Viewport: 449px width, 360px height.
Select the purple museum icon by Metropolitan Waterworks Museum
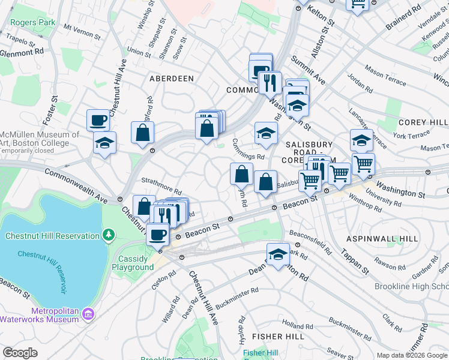click(x=89, y=314)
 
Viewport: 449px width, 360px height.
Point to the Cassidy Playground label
click(x=133, y=263)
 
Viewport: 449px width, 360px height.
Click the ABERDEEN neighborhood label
click(x=172, y=79)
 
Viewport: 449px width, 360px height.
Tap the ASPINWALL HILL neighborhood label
click(x=382, y=239)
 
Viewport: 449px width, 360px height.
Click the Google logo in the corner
click(x=20, y=353)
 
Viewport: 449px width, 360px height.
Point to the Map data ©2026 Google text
click(x=411, y=355)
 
